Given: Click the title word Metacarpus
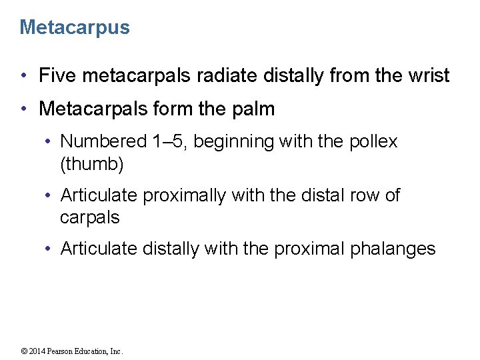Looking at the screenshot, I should pyautogui.click(x=75, y=27).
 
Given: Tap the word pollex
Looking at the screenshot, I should pyautogui.click(x=373, y=141).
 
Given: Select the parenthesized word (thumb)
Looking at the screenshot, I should pyautogui.click(x=92, y=163).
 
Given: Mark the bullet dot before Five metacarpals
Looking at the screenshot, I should pyautogui.click(x=24, y=76).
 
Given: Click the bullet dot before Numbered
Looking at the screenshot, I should pyautogui.click(x=49, y=141).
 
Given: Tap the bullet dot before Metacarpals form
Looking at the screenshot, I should pyautogui.click(x=24, y=109).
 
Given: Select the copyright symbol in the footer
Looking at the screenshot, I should pyautogui.click(x=24, y=351).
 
